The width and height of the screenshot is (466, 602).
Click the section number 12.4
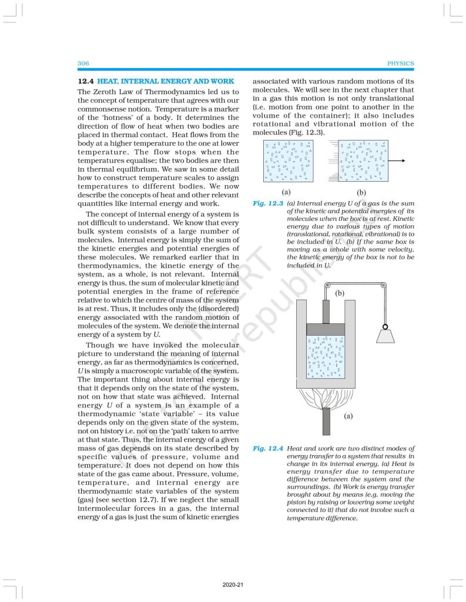pos(86,81)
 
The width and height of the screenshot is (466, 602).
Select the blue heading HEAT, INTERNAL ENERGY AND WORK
pos(166,81)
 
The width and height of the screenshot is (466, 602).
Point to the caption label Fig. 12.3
pos(267,203)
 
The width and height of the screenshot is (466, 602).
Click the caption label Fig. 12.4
pos(267,449)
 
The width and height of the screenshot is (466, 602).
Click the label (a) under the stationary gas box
pos(286,192)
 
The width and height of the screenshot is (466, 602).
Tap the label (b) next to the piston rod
pos(339,293)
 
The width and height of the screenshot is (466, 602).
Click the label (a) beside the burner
pos(348,416)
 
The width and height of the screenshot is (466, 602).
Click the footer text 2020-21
pos(233,586)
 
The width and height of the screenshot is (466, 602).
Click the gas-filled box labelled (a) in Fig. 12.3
pos(286,160)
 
